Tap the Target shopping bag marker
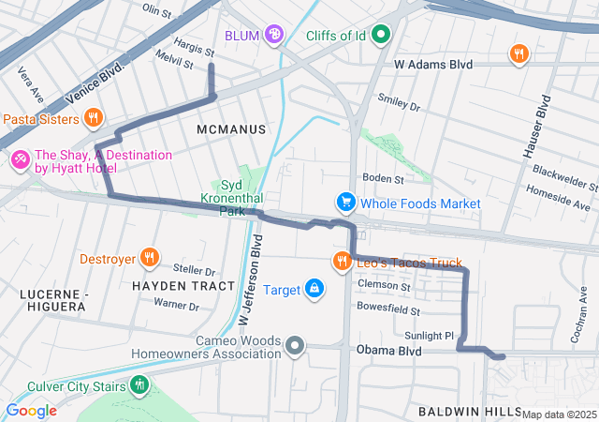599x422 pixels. coord(314,289)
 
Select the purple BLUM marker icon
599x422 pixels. coord(274,36)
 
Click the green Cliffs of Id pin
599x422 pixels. coord(380,36)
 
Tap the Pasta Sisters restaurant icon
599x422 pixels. coord(93,118)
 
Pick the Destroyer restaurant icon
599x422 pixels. coord(149,259)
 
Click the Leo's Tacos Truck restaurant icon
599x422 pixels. coord(343,261)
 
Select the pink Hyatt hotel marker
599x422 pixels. coord(19,161)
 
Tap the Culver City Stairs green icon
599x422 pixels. coord(140,384)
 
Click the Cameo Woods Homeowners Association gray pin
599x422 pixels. coord(295,346)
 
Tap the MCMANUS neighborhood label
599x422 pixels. coord(231,128)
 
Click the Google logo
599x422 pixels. coord(31,411)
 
